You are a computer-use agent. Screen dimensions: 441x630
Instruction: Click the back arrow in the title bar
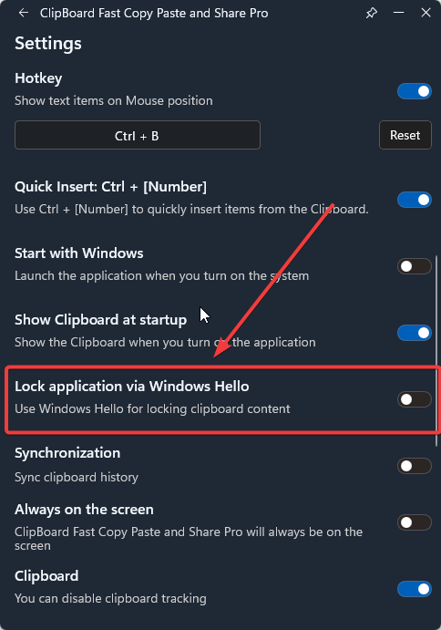(24, 13)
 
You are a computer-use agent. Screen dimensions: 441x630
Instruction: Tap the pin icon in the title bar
(372, 13)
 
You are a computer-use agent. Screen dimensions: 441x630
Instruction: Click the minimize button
(398, 13)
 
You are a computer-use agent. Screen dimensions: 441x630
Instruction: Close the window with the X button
(426, 13)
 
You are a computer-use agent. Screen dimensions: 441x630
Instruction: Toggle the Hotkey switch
(415, 91)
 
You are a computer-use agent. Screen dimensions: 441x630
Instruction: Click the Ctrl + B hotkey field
(138, 135)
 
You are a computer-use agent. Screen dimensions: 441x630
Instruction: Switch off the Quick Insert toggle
(415, 200)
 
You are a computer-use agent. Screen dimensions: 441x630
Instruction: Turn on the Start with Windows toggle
(415, 266)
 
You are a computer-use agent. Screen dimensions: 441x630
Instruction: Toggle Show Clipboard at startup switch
(415, 333)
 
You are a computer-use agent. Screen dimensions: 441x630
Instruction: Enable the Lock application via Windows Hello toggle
(415, 399)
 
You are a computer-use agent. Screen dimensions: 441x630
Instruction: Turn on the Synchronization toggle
(415, 466)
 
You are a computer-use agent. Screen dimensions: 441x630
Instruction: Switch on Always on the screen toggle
(415, 522)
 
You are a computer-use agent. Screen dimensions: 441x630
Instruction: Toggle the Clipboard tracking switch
(415, 589)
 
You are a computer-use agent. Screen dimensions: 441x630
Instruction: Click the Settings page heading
(48, 44)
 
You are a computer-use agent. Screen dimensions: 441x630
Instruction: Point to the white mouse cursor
(204, 315)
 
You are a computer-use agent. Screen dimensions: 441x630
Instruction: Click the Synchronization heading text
(67, 453)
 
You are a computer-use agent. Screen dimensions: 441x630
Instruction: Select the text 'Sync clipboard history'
(77, 477)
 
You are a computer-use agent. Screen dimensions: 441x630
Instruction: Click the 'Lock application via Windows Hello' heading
(132, 387)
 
